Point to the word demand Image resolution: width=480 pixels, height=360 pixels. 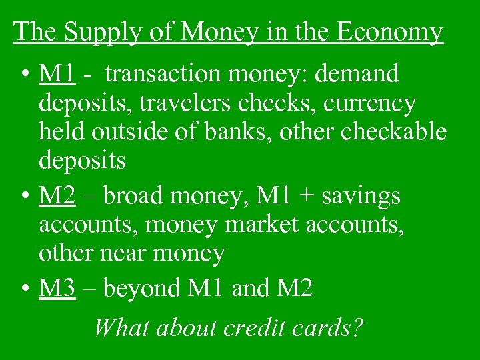(359, 75)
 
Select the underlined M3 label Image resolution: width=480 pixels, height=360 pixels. (57, 288)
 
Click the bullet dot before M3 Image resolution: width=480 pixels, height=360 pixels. (24, 289)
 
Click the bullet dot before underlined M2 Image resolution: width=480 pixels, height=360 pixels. (24, 197)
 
